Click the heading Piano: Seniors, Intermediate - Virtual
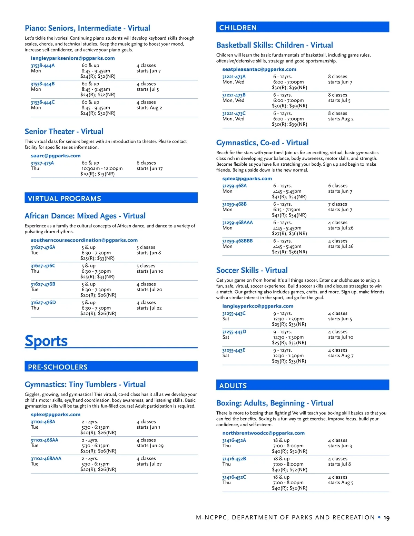pos(87,28)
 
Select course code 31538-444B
pos(43,84)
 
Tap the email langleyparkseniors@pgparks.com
pos(73,58)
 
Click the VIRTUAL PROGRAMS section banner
pos(111,198)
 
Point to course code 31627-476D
pos(43,303)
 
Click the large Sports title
pos(46,341)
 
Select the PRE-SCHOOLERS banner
pos(111,367)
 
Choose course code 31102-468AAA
pos(46,459)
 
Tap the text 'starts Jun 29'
pos(150,446)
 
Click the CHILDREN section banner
pos(303,27)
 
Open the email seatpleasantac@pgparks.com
pos(259,69)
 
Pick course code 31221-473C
pos(234,113)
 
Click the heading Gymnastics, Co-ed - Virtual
pos(262,143)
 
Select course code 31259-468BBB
pos(237,241)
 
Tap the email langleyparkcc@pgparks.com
pos(258,306)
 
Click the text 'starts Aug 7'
pos(341,355)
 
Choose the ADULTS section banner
pos(303,385)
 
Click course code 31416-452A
pos(234,440)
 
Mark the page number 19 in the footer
pos(387,518)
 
